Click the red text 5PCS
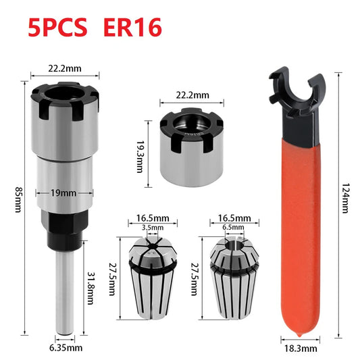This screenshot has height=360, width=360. coord(57,27)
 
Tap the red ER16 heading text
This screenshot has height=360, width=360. coord(132,27)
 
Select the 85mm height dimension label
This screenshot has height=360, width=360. coord(19,199)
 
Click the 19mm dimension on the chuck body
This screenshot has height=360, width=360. coord(63,193)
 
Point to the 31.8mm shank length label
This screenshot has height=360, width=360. coord(91,288)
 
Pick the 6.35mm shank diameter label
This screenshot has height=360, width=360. coord(66,348)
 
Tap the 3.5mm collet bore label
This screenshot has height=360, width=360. coord(153,228)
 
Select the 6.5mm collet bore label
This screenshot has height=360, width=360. coord(233,228)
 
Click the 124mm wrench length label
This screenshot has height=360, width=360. coord(346,198)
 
